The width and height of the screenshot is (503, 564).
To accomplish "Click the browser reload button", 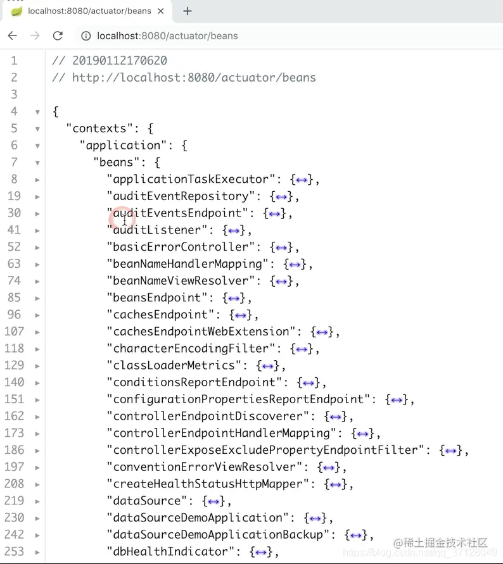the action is click(x=58, y=35).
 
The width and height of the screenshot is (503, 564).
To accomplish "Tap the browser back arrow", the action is click(x=12, y=35).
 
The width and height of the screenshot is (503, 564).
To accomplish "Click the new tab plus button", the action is click(x=188, y=11).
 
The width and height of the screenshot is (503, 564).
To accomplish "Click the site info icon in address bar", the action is click(x=86, y=35).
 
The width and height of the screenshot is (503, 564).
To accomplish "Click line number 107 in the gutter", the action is click(x=14, y=331).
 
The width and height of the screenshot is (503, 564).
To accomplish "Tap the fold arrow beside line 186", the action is click(x=37, y=450).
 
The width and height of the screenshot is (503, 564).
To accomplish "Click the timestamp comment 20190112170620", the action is click(x=120, y=61).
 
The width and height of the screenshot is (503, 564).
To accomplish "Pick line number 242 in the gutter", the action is click(x=14, y=534).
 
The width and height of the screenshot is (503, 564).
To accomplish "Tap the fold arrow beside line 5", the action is click(x=37, y=128).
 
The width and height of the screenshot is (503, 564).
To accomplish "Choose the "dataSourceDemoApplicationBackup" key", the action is click(x=218, y=534).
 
